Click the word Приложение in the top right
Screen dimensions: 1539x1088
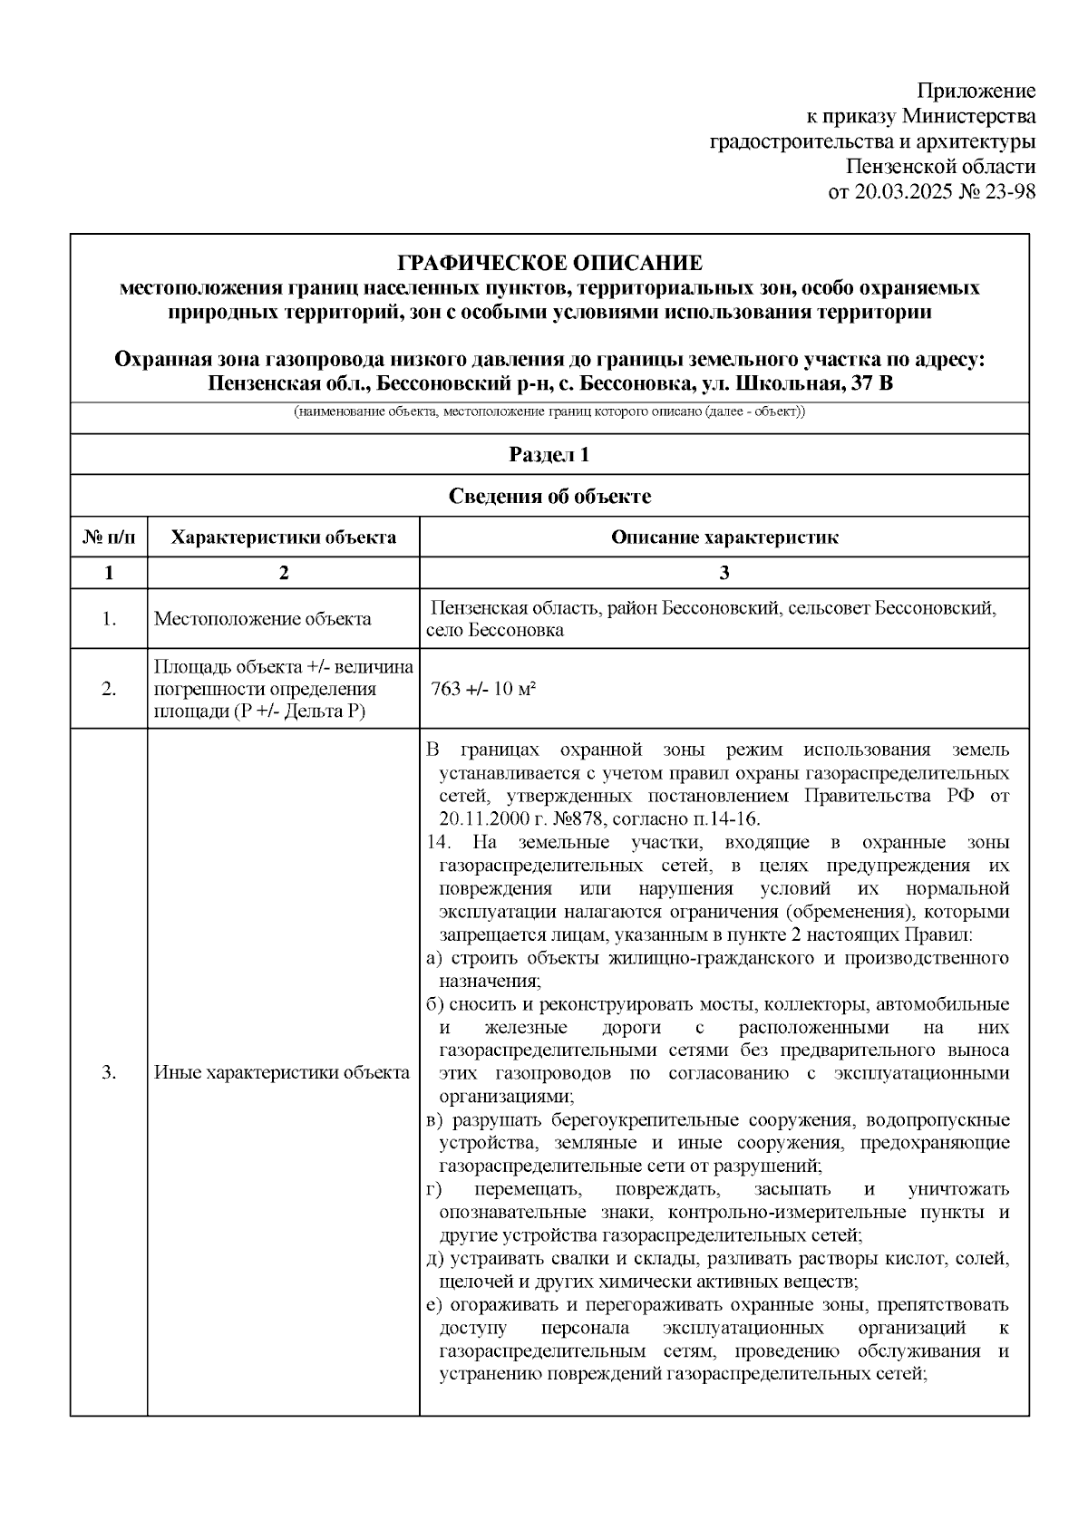976,91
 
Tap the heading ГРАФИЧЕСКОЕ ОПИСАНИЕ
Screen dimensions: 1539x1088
549,264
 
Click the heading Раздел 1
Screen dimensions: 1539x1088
549,455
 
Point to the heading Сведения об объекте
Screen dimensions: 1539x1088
549,497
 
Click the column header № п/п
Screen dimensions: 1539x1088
109,537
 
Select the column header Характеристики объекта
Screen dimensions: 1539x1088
284,537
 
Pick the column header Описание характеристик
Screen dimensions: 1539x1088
724,537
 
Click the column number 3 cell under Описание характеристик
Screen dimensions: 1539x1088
724,573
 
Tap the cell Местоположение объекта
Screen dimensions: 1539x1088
262,619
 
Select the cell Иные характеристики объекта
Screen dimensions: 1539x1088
282,1073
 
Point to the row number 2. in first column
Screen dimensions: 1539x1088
109,689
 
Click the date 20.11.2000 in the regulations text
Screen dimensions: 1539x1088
485,819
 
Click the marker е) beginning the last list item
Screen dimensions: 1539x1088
433,1305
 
